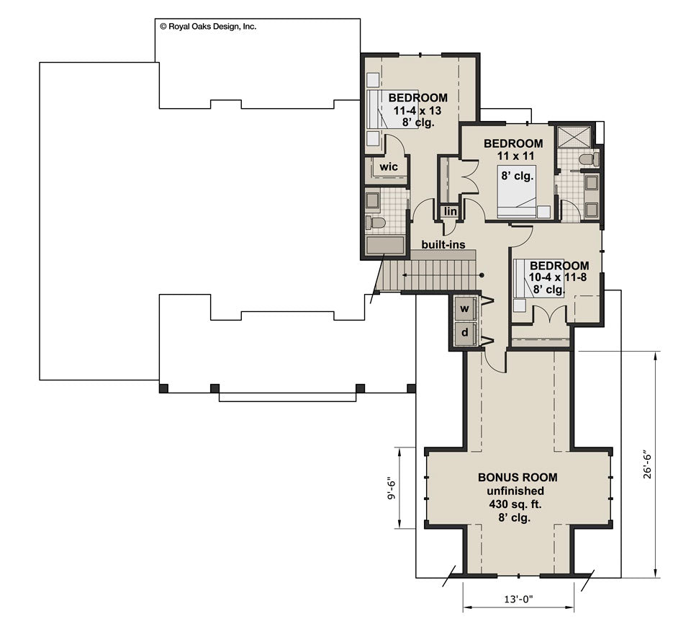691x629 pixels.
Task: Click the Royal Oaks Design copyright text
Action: pyautogui.click(x=207, y=26)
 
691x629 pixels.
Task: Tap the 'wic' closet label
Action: pyautogui.click(x=389, y=167)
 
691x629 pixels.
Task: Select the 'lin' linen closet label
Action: pyautogui.click(x=450, y=211)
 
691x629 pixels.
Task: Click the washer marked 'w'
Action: pyautogui.click(x=465, y=308)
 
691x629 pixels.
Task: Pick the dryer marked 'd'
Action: pyautogui.click(x=465, y=333)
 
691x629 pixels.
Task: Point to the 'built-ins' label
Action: pyautogui.click(x=443, y=245)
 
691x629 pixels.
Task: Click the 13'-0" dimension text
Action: pyautogui.click(x=518, y=599)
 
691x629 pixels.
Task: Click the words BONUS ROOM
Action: pyautogui.click(x=518, y=477)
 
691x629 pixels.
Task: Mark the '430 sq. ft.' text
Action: pyautogui.click(x=518, y=504)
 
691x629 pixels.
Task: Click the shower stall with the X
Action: pyautogui.click(x=575, y=137)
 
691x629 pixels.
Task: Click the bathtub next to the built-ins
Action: pyautogui.click(x=385, y=246)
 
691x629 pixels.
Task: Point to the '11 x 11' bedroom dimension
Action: pyautogui.click(x=512, y=156)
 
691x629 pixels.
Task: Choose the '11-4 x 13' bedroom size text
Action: pyautogui.click(x=417, y=110)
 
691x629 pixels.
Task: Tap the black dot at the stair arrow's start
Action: pyautogui.click(x=481, y=275)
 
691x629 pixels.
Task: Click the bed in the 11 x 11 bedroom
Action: pyautogui.click(x=517, y=190)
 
